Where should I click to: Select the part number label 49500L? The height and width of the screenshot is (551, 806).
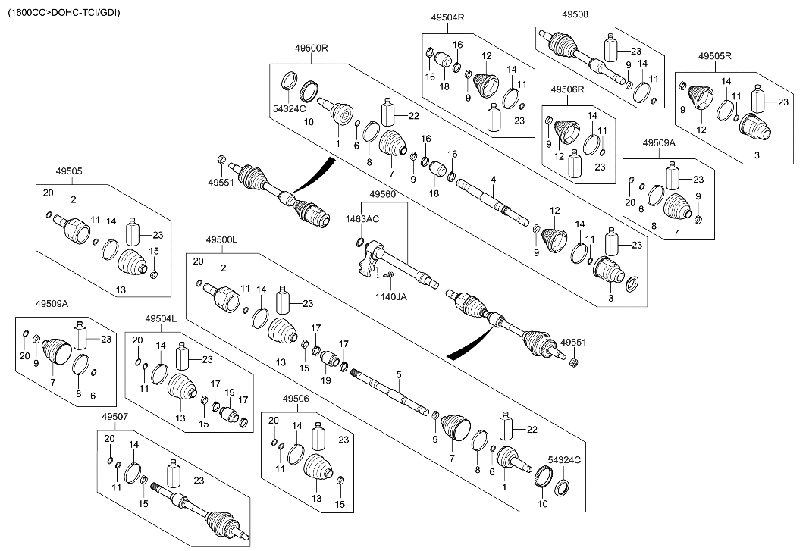pyautogui.click(x=221, y=239)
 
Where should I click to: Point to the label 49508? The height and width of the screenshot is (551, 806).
pyautogui.click(x=575, y=14)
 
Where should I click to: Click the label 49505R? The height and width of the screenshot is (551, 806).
pyautogui.click(x=714, y=57)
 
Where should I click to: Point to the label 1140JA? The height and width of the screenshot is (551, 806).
pyautogui.click(x=392, y=296)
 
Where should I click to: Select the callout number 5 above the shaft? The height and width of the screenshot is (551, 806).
pyautogui.click(x=397, y=373)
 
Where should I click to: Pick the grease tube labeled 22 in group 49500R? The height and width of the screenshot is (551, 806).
pyautogui.click(x=387, y=114)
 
